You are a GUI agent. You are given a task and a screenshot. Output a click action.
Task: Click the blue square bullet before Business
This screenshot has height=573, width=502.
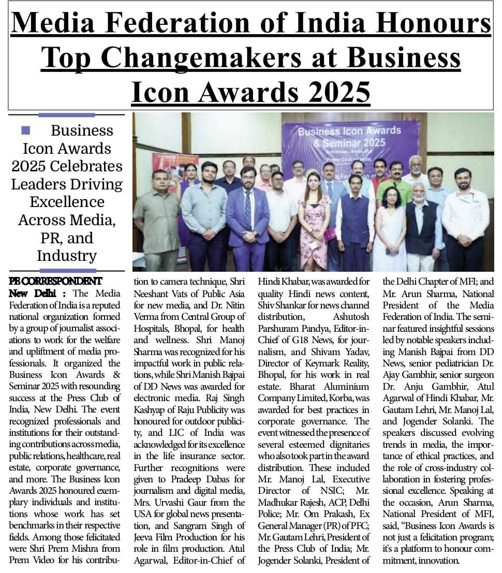click(x=25, y=130)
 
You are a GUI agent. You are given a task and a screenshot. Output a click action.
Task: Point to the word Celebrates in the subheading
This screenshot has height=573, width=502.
click(x=90, y=166)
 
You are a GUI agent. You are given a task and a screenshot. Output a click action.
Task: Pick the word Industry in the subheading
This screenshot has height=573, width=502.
click(x=67, y=255)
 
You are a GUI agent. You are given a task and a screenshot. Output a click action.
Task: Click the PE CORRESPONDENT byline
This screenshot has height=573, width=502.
click(x=55, y=281)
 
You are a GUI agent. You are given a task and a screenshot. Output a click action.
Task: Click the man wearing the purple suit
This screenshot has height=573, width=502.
click(x=248, y=217)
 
